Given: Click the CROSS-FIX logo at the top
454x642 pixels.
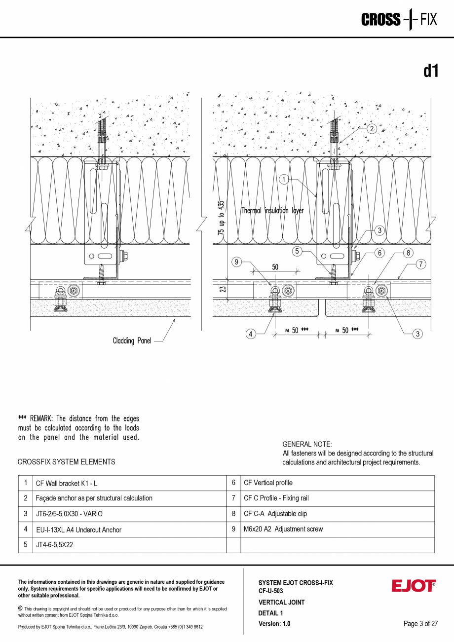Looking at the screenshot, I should click(399, 20).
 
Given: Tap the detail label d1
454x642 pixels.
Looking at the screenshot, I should click(430, 71).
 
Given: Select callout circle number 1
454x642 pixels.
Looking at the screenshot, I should click(284, 180).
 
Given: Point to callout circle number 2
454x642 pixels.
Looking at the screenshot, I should click(371, 128).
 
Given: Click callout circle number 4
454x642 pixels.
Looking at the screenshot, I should click(251, 334).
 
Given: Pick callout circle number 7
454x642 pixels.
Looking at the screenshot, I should click(420, 264).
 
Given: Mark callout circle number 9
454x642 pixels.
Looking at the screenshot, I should click(236, 263).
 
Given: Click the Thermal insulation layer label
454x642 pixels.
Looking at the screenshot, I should click(272, 211).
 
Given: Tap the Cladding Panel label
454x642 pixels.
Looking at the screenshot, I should click(132, 341).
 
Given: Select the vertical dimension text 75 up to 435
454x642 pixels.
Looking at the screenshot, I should click(221, 217).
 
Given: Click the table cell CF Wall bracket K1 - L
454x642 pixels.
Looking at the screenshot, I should click(70, 483).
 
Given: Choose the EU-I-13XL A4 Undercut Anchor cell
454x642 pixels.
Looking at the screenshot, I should click(78, 529).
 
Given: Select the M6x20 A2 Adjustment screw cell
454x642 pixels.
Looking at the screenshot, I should click(283, 529).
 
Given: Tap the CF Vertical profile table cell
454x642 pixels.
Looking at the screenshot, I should click(268, 483).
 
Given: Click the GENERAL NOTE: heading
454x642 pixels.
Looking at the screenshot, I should click(307, 444).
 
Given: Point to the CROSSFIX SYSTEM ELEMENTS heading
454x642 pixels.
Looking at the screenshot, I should click(66, 462).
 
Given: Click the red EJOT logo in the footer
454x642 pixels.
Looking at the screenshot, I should click(414, 586).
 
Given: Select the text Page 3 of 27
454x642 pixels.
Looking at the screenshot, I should click(420, 624).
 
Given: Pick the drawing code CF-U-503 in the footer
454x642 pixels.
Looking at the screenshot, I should click(271, 590).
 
